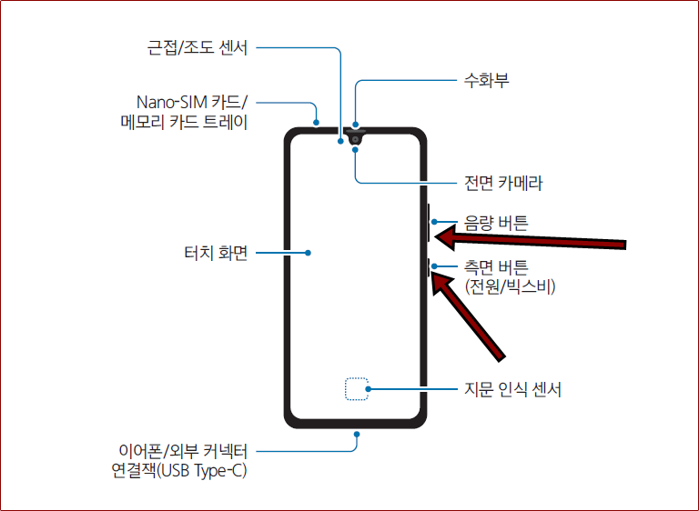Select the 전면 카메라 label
(503, 183)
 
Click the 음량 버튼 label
(496, 221)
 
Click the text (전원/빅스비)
(510, 287)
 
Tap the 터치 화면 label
(216, 253)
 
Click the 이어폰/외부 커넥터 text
(184, 450)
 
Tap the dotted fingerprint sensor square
(357, 390)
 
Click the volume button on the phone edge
(427, 222)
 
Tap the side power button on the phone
(427, 266)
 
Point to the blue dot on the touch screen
(310, 253)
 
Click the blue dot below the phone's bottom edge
(357, 435)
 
